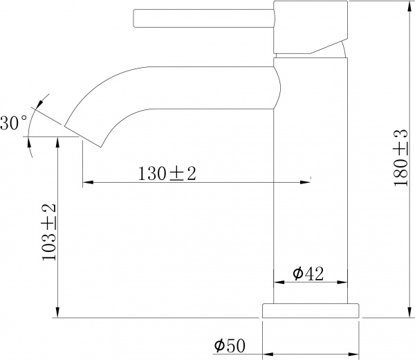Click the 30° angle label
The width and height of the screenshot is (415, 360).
pyautogui.click(x=14, y=123)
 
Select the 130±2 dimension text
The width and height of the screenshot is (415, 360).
pyautogui.click(x=167, y=174)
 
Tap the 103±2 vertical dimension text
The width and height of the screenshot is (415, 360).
pyautogui.click(x=48, y=233)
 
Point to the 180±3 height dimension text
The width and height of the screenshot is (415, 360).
pyautogui.click(x=401, y=158)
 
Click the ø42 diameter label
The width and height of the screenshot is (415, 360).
pyautogui.click(x=308, y=273)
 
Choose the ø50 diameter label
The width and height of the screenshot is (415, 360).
pyautogui.click(x=230, y=345)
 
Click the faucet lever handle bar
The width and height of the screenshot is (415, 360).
pyautogui.click(x=204, y=18)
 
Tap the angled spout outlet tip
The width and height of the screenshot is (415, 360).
pyautogui.click(x=82, y=135)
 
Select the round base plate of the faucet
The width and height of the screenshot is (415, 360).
pyautogui.click(x=311, y=311)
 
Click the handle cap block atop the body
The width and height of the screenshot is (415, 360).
pyautogui.click(x=311, y=27)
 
